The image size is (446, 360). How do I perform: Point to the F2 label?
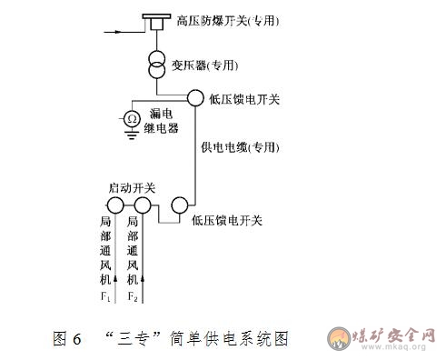(x=133, y=297)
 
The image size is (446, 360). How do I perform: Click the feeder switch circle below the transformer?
(x=195, y=96)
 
